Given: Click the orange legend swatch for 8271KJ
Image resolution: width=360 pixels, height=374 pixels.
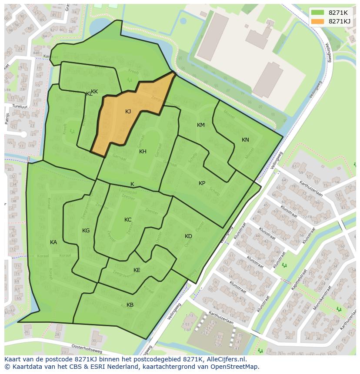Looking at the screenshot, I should pos(318,21).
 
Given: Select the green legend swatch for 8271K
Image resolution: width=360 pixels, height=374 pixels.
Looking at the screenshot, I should pos(318,13).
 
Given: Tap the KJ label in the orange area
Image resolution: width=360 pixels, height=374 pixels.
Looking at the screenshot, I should pos(128,112).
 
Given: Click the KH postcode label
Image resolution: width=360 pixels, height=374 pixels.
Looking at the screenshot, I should pos(143,152).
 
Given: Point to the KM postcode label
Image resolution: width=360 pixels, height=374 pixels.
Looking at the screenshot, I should pos(200,125).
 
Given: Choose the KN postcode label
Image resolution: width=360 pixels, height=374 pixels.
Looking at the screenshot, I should pos(245,140).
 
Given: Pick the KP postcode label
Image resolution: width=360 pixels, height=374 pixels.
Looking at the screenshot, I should pos(202,183).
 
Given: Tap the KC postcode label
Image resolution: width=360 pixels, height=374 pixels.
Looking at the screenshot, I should pos(128,220).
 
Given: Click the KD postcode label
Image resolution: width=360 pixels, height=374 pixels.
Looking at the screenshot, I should pos(188,236).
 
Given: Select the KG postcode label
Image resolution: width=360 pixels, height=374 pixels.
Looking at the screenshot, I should pos(86,231).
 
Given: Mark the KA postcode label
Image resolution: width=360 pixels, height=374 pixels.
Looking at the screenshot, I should pos(53,242).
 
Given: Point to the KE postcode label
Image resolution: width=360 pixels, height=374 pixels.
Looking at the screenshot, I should pos(137,270).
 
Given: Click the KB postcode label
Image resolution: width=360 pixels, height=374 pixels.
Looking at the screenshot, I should pos(130,305).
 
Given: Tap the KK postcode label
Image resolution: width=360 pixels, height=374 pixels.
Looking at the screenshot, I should pos(94,92).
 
